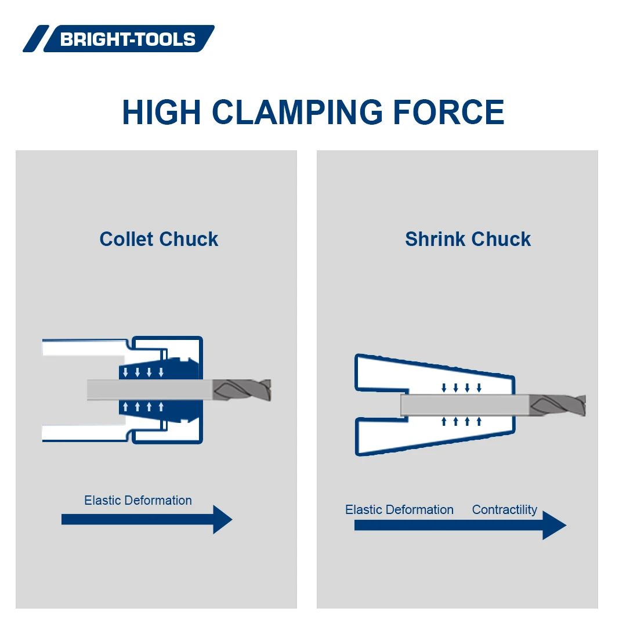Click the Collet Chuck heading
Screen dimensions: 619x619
pyautogui.click(x=158, y=239)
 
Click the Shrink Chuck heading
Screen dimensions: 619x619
pyautogui.click(x=468, y=239)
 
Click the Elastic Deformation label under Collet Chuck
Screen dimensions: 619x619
pyautogui.click(x=137, y=500)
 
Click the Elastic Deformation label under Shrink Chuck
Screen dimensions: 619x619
pyautogui.click(x=399, y=509)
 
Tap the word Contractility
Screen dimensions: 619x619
pyautogui.click(x=504, y=509)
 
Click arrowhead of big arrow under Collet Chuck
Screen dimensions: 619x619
pyautogui.click(x=222, y=519)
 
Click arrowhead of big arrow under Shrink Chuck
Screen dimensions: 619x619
pyautogui.click(x=553, y=525)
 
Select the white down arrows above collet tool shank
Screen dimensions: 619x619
pyautogui.click(x=143, y=372)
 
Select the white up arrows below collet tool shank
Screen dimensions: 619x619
pyautogui.click(x=143, y=407)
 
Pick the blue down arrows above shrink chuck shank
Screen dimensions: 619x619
pyautogui.click(x=461, y=388)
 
